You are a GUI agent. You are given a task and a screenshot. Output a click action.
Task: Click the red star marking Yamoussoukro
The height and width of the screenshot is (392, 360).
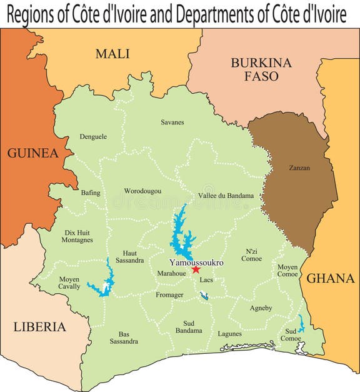tap(196, 269)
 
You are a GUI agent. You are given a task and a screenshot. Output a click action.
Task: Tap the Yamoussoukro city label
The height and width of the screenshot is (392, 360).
tap(196, 263)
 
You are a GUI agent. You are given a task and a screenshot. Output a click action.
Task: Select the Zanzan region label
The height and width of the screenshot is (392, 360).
tap(299, 168)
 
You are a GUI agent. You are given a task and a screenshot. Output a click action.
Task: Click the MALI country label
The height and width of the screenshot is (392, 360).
tap(112, 54)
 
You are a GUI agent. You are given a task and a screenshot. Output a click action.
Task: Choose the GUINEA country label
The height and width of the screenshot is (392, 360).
tap(32, 153)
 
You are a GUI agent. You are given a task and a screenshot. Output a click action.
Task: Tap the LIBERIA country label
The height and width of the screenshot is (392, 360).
tap(39, 326)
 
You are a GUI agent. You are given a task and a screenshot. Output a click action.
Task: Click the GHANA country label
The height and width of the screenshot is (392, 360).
tap(331, 278)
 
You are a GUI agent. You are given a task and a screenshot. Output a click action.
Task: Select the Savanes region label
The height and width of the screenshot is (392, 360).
tap(172, 122)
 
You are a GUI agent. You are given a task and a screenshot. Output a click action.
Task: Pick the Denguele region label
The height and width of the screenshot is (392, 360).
tap(93, 136)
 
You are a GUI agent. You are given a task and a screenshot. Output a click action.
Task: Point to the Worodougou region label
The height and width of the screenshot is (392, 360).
tap(142, 191)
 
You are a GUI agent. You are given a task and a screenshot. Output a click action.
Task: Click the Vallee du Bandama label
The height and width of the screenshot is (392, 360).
tap(226, 196)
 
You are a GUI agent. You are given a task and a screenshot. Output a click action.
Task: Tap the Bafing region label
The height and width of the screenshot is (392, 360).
tap(91, 193)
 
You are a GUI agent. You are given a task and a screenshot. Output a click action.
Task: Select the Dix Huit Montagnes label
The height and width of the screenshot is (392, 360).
tap(78, 236)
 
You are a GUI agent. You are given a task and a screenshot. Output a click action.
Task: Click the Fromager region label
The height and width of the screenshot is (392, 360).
tap(169, 294)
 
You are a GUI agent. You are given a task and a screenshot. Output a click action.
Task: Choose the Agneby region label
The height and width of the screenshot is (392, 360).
tap(261, 308)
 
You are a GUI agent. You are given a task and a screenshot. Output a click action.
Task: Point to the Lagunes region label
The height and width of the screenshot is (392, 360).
tap(229, 333)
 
